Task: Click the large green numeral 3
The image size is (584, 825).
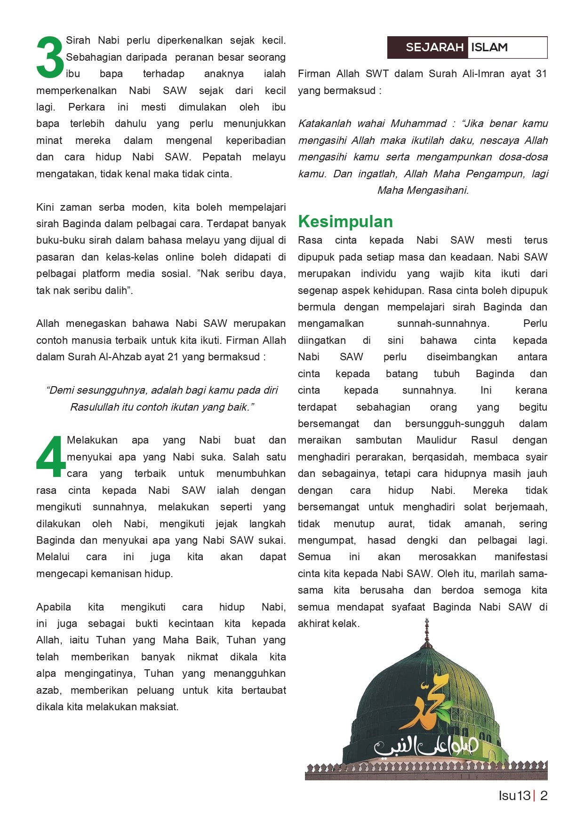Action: tap(50, 57)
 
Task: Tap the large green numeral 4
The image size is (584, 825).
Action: tap(51, 456)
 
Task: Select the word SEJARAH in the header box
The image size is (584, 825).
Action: tap(434, 48)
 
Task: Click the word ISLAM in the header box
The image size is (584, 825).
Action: tap(489, 48)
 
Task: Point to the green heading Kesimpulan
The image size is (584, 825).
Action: tap(345, 222)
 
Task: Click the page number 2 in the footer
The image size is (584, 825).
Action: tap(544, 796)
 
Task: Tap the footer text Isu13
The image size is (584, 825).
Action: tap(514, 796)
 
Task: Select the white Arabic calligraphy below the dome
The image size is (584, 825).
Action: tap(426, 746)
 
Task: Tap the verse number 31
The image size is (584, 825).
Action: tap(541, 74)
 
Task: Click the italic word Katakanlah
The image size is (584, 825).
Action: tap(325, 124)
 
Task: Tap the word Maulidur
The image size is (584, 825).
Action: tap(436, 440)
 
